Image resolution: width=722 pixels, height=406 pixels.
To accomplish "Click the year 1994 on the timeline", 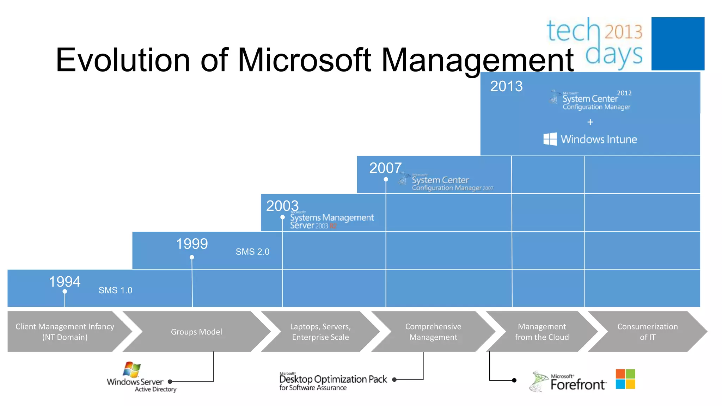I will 65,282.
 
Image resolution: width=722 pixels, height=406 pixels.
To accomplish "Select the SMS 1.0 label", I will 115,290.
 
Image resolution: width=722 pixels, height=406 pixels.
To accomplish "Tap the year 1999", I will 192,244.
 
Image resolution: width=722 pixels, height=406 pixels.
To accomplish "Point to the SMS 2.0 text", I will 252,252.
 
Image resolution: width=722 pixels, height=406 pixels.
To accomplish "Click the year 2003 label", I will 282,206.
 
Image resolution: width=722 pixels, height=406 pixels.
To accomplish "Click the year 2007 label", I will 385,168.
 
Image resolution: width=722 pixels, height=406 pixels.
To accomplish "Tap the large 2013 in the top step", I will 506,86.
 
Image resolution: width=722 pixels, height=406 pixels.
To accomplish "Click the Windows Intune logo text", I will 599,139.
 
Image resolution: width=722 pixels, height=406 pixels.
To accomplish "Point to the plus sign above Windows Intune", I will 590,122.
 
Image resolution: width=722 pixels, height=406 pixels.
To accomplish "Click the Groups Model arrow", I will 196,332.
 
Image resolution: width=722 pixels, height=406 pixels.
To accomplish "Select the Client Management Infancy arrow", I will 65,332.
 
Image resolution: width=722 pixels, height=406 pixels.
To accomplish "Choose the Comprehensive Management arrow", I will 433,332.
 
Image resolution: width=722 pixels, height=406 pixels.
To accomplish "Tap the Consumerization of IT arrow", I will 647,332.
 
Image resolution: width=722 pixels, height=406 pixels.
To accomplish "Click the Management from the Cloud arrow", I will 541,332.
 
